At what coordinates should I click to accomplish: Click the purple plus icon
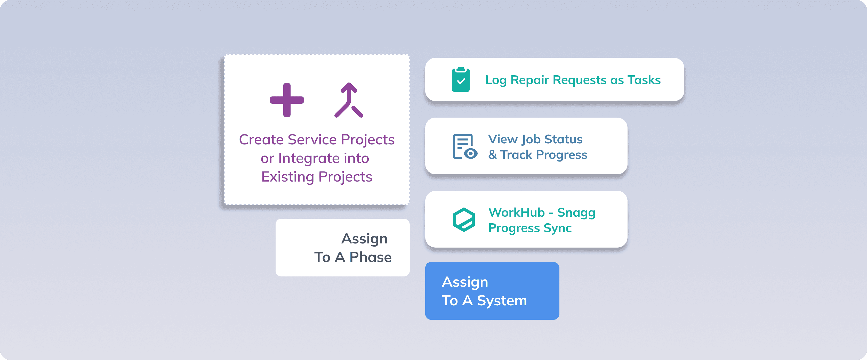(x=287, y=100)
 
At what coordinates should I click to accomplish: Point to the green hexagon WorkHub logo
(x=464, y=219)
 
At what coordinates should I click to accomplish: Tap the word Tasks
(x=644, y=80)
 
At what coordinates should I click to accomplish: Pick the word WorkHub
(x=516, y=213)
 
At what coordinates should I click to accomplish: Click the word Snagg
(x=576, y=213)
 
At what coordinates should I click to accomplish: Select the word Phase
(x=370, y=257)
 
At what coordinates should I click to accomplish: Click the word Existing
(x=287, y=177)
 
